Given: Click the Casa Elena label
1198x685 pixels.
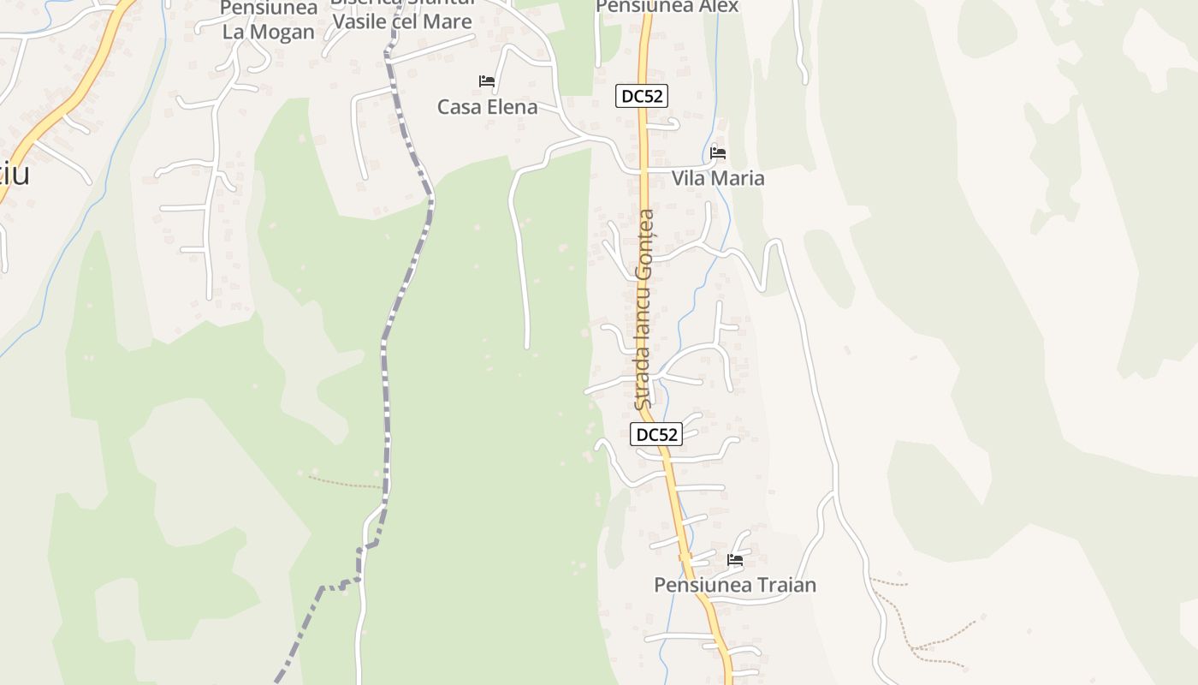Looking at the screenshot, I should tap(487, 107).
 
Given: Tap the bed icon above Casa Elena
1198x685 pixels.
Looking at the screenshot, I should tap(487, 81).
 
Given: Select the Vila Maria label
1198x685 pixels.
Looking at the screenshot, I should tap(718, 178).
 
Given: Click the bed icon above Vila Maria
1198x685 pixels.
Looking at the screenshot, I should tap(718, 153).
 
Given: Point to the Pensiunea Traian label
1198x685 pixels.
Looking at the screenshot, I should tap(735, 585).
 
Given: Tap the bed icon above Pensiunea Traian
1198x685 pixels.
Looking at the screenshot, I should tap(735, 560).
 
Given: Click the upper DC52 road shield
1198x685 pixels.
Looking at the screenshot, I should tap(642, 96).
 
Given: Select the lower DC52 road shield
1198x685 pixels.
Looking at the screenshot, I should tap(656, 434).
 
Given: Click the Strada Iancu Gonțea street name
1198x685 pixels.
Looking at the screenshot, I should tap(644, 309).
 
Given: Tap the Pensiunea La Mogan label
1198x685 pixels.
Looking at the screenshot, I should tap(269, 21).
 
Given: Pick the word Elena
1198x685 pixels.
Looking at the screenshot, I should tap(511, 107).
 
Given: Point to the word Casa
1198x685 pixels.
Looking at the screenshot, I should tap(458, 107).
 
